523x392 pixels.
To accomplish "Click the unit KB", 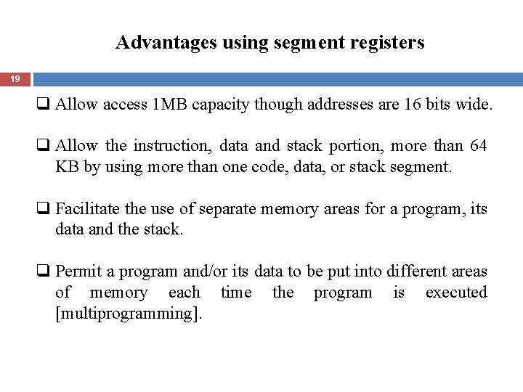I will tap(65, 167).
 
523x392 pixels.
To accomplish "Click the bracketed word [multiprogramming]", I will tap(129, 314).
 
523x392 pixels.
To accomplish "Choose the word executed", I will tap(456, 293).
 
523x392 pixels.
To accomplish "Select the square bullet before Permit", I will tap(47, 273).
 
